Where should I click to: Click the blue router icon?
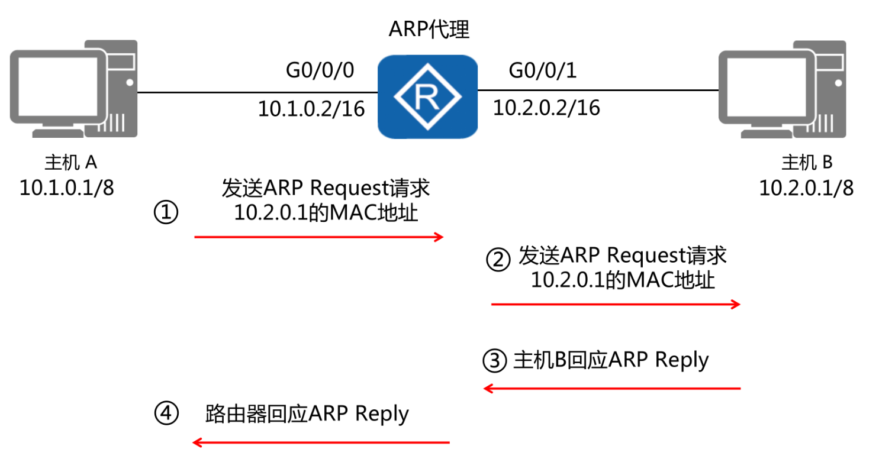pyautogui.click(x=428, y=96)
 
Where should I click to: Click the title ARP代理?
pyautogui.click(x=429, y=30)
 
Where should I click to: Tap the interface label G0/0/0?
pyautogui.click(x=320, y=70)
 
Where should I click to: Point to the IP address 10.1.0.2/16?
pyautogui.click(x=311, y=109)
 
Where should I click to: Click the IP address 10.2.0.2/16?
pyautogui.click(x=546, y=108)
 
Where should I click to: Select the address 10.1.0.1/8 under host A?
pyautogui.click(x=67, y=188)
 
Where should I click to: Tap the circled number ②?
pyautogui.click(x=497, y=259)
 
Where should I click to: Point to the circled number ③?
pyautogui.click(x=495, y=360)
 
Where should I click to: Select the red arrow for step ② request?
pyautogui.click(x=616, y=305)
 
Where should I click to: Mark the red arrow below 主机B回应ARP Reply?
pyautogui.click(x=612, y=389)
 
